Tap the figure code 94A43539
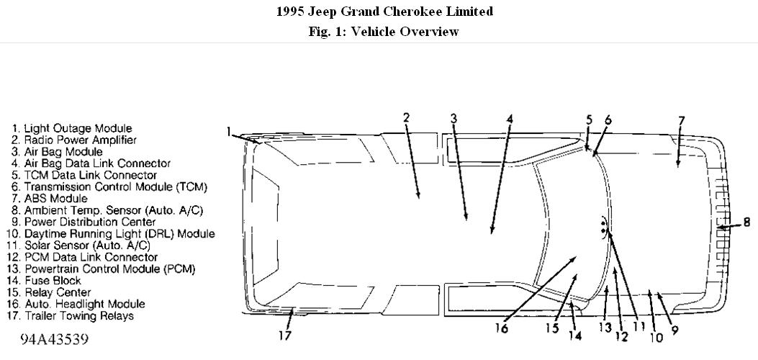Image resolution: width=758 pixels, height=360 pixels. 55,338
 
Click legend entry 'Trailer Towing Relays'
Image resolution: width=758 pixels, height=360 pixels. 78,315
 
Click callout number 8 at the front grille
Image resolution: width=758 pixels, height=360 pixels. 746,222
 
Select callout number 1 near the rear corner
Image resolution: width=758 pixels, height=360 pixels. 228,131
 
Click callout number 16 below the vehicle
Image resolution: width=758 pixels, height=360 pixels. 502,329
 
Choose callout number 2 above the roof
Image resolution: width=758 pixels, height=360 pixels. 406,117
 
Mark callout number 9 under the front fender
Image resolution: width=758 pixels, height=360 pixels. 675,330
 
